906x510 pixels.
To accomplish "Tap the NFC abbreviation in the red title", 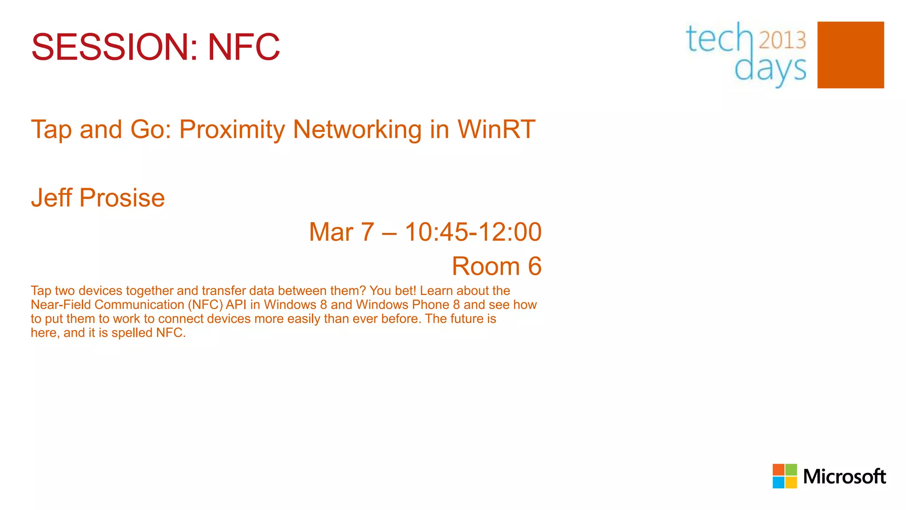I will click(x=244, y=47).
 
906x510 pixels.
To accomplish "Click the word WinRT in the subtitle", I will click(x=496, y=129).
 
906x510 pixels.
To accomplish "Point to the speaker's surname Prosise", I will click(x=122, y=197).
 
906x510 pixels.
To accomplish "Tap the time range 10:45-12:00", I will click(x=473, y=232).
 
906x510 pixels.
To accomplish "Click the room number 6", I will click(x=534, y=266).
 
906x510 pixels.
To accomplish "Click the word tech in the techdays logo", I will click(x=719, y=39).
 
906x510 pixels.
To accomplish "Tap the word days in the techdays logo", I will click(x=770, y=70).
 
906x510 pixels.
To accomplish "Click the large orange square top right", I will click(x=850, y=55).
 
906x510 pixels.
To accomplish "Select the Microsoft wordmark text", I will click(x=844, y=477).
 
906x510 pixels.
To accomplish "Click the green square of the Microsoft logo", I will click(x=791, y=470).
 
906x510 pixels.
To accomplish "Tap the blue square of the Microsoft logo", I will click(x=779, y=482).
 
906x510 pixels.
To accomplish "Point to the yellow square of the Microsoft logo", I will click(x=791, y=482).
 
